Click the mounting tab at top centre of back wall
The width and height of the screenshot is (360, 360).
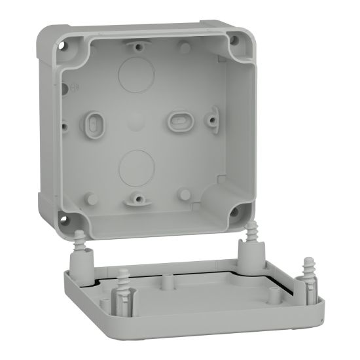pos(136,45)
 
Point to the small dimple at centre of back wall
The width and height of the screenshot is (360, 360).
pos(136,120)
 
